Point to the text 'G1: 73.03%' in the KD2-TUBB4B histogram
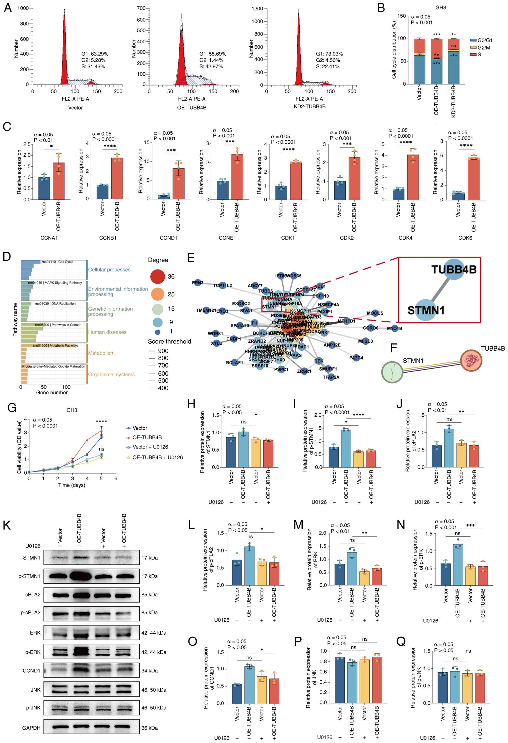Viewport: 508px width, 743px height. (x=329, y=54)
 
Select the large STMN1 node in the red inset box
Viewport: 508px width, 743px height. (x=426, y=310)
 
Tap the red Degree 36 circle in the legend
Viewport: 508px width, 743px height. (x=157, y=277)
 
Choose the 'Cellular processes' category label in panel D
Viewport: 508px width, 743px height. (x=109, y=270)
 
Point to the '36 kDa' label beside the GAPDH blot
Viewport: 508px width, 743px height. (x=149, y=728)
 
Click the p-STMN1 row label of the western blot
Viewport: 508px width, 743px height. (x=29, y=576)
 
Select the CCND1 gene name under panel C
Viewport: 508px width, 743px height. (x=168, y=238)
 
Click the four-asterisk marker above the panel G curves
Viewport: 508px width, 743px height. (x=101, y=421)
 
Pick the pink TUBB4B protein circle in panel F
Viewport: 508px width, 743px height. (x=471, y=360)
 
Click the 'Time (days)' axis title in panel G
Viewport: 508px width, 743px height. (x=71, y=485)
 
